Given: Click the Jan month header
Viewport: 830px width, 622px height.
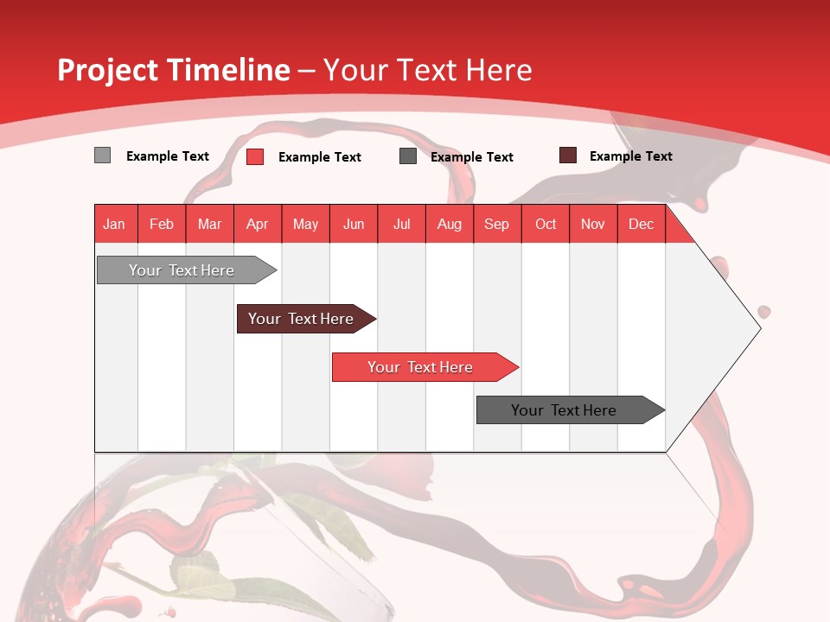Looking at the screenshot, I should tap(115, 224).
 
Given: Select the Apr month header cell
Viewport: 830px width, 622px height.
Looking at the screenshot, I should tap(258, 224).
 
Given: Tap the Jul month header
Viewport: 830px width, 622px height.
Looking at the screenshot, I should tap(401, 224).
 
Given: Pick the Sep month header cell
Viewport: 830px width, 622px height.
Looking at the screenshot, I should tap(497, 224).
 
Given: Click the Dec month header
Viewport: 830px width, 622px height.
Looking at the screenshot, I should tap(641, 224).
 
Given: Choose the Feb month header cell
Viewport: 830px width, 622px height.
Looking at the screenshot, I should tap(162, 224).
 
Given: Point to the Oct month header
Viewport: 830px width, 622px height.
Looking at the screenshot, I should tap(546, 224).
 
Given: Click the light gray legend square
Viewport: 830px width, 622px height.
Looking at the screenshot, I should tap(103, 155).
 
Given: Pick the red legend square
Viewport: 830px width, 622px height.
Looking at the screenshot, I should tap(255, 156).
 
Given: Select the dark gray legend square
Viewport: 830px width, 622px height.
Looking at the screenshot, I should tap(408, 156).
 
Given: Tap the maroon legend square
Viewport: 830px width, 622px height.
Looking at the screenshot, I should tap(568, 155).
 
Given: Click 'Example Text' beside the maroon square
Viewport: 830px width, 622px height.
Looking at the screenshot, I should tap(630, 156).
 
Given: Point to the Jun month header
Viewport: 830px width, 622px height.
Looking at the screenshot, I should tap(354, 224).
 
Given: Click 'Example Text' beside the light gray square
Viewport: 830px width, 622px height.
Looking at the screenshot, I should tap(168, 156).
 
